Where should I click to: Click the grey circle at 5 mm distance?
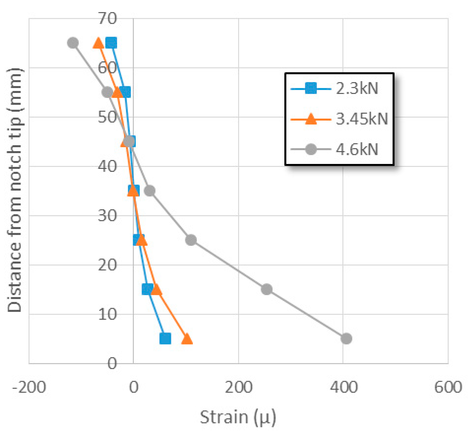(346, 338)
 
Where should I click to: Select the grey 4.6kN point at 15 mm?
(267, 289)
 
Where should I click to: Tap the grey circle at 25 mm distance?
(191, 240)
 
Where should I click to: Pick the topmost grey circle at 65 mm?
(73, 43)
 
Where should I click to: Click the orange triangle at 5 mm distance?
(187, 339)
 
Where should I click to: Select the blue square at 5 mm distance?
(165, 338)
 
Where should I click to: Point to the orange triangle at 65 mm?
(98, 43)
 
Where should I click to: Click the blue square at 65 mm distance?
(112, 43)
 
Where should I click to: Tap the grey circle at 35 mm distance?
(150, 191)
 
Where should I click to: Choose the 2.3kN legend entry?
(357, 88)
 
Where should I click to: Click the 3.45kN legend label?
(362, 119)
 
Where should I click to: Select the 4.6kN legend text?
(357, 149)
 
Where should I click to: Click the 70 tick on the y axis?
(107, 18)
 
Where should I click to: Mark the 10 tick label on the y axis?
(107, 314)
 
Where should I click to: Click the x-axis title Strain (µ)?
(238, 418)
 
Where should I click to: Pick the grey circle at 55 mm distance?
(107, 92)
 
